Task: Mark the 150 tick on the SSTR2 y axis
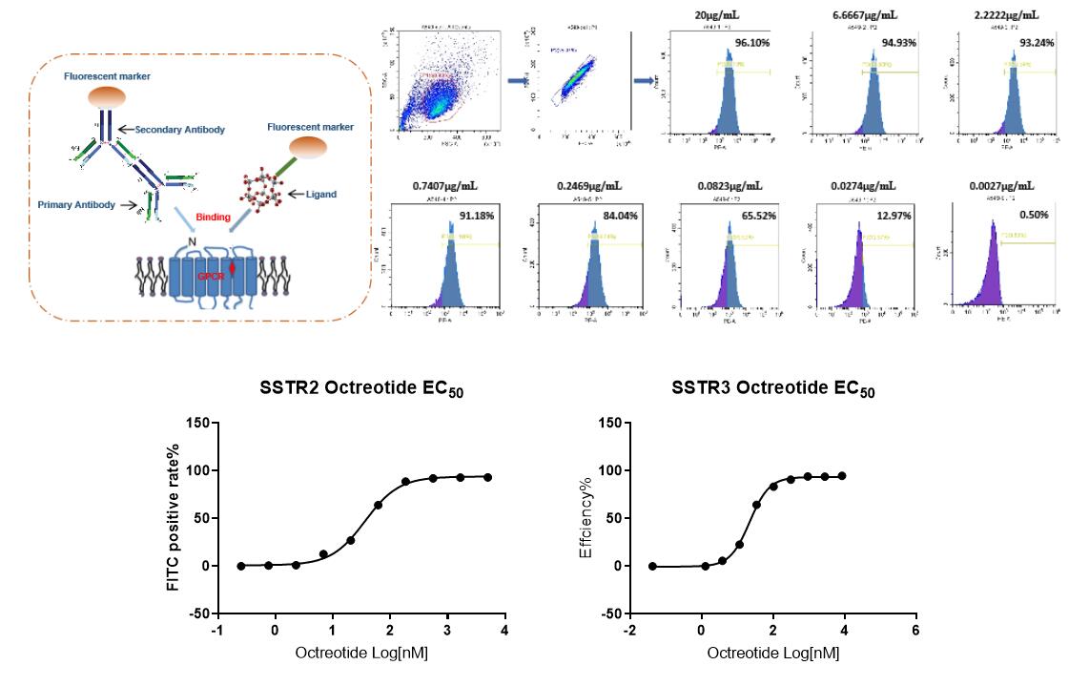pos(196,424)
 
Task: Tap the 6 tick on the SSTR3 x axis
pos(915,631)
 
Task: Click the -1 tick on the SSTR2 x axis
pos(218,631)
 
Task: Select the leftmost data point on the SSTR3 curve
pos(652,566)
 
